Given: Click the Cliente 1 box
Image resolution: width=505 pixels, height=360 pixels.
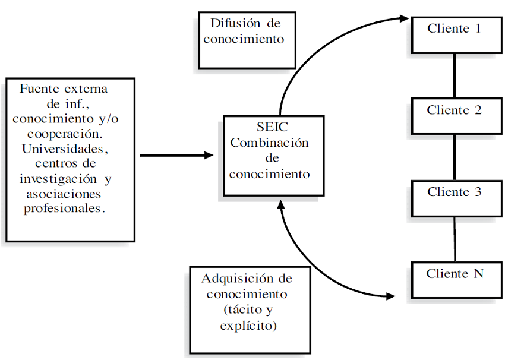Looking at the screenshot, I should click(454, 34).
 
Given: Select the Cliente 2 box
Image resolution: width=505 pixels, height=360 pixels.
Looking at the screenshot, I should click(454, 116).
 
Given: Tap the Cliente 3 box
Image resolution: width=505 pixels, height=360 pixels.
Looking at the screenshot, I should click(454, 198).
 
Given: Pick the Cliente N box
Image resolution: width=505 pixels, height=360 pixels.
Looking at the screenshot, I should click(454, 279).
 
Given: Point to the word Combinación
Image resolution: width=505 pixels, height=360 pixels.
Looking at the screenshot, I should click(270, 143).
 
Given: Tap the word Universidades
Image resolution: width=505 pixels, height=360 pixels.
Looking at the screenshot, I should click(66, 146).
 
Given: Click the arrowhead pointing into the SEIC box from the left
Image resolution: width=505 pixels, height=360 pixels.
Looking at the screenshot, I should click(209, 156).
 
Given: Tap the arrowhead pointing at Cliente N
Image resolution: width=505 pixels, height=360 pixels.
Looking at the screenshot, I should click(392, 295).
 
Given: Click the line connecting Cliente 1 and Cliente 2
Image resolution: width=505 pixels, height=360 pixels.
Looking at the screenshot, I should click(454, 76).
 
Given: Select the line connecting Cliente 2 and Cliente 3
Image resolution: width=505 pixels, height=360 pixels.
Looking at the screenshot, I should click(454, 157).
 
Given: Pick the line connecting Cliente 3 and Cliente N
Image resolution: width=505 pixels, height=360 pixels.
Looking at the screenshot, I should click(454, 239).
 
